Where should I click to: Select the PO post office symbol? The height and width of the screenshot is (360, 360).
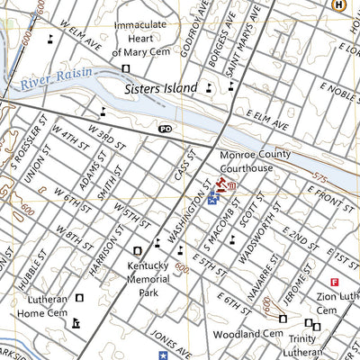165,130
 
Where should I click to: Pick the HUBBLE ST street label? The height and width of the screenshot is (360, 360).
24,269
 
